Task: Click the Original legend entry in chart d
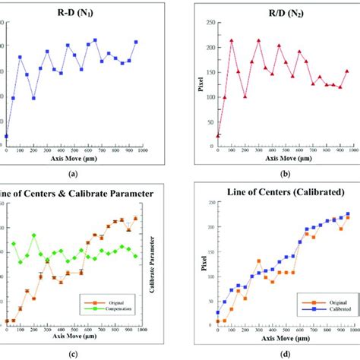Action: (326, 303)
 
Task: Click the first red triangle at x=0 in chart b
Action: (218, 135)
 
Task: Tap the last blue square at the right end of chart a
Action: (136, 42)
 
